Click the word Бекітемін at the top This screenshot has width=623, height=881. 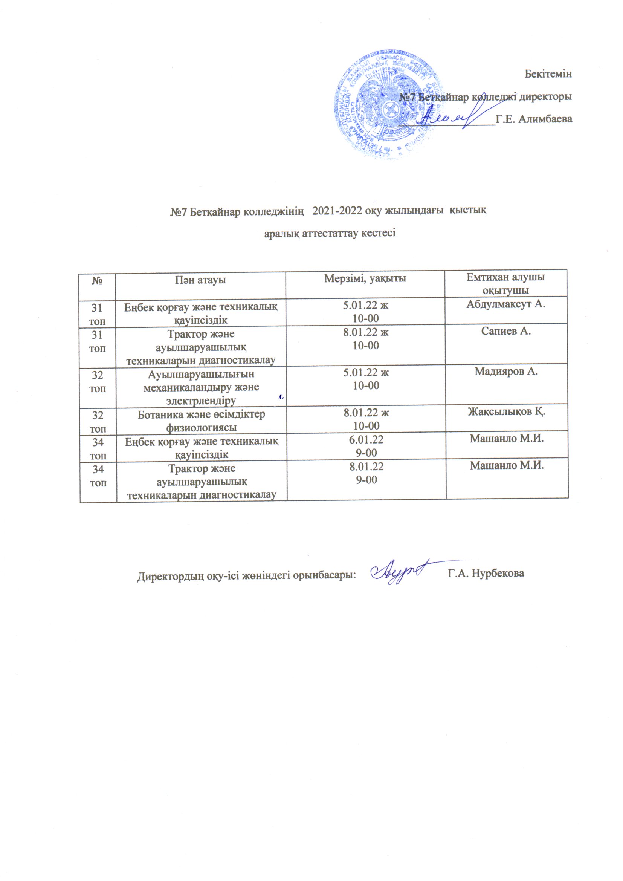pyautogui.click(x=548, y=74)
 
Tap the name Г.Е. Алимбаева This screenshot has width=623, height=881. pyautogui.click(x=534, y=119)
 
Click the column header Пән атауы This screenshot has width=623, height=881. pyautogui.click(x=201, y=280)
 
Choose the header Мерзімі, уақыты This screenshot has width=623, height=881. pyautogui.click(x=365, y=278)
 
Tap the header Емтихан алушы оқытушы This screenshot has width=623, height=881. pyautogui.click(x=505, y=284)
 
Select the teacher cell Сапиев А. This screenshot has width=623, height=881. pyautogui.click(x=505, y=332)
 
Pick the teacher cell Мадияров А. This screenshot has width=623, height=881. pyautogui.click(x=506, y=372)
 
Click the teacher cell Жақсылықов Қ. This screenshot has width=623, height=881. pyautogui.click(x=506, y=412)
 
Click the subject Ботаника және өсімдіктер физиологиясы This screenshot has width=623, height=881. pyautogui.click(x=202, y=421)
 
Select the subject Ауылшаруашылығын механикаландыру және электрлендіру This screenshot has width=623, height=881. pyautogui.click(x=202, y=387)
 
